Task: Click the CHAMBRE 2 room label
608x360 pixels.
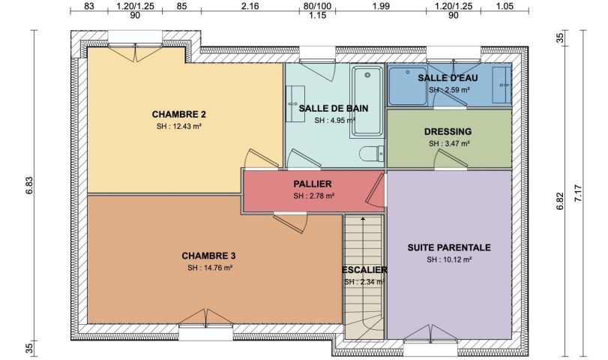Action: pos(178,115)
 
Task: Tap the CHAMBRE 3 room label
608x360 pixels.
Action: pos(208,256)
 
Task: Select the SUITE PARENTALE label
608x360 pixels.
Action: pos(449,247)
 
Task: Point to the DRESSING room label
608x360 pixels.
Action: pos(448,131)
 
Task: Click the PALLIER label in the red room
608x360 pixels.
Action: pos(313,184)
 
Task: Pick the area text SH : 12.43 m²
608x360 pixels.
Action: pos(178,126)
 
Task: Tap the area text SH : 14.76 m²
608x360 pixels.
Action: pos(210,268)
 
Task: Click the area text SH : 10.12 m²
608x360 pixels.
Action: pos(449,259)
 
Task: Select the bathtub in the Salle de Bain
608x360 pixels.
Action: pos(367,101)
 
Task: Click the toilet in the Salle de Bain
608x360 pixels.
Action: pos(371,154)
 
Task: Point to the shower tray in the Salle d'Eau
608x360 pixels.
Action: pos(408,85)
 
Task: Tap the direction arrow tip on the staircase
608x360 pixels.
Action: pos(363,218)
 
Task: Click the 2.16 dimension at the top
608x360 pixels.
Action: pos(250,6)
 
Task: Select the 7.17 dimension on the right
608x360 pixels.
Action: pos(578,193)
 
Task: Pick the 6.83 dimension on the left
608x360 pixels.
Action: pos(30,185)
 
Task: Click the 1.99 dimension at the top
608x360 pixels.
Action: pos(381,6)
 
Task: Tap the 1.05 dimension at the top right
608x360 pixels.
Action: pos(505,6)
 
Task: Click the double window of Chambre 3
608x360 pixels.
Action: pos(206,325)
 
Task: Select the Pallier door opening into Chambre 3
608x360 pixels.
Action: pos(290,222)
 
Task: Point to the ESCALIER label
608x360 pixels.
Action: pos(364,269)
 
